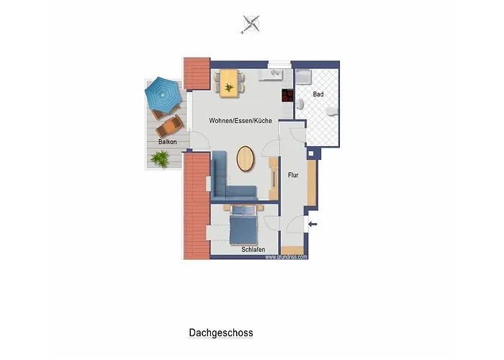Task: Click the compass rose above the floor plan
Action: pyautogui.click(x=251, y=24)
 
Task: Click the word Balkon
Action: pyautogui.click(x=167, y=142)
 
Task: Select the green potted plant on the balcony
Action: pyautogui.click(x=161, y=158)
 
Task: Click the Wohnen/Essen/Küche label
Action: pyautogui.click(x=240, y=121)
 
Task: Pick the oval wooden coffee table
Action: pyautogui.click(x=245, y=158)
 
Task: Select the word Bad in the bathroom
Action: pyautogui.click(x=318, y=94)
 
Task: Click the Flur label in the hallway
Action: pyautogui.click(x=293, y=174)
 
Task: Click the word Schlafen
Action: pyautogui.click(x=253, y=250)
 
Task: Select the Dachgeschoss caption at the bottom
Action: pyautogui.click(x=221, y=333)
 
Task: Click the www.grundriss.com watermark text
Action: pyautogui.click(x=287, y=256)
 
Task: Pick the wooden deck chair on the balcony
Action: pyautogui.click(x=170, y=127)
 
